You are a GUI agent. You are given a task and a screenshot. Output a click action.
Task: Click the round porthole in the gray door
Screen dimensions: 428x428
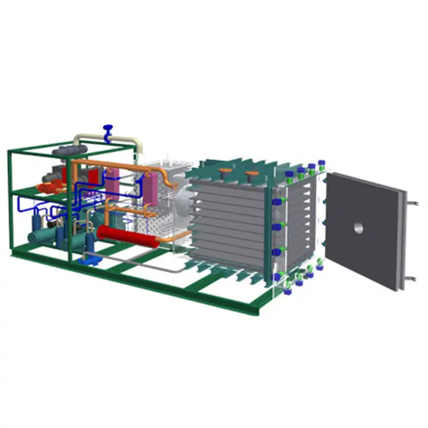(358, 228)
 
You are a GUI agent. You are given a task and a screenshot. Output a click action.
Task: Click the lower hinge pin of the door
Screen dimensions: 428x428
(410, 278)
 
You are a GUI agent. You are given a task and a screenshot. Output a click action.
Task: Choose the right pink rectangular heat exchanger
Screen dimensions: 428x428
(151, 189)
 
